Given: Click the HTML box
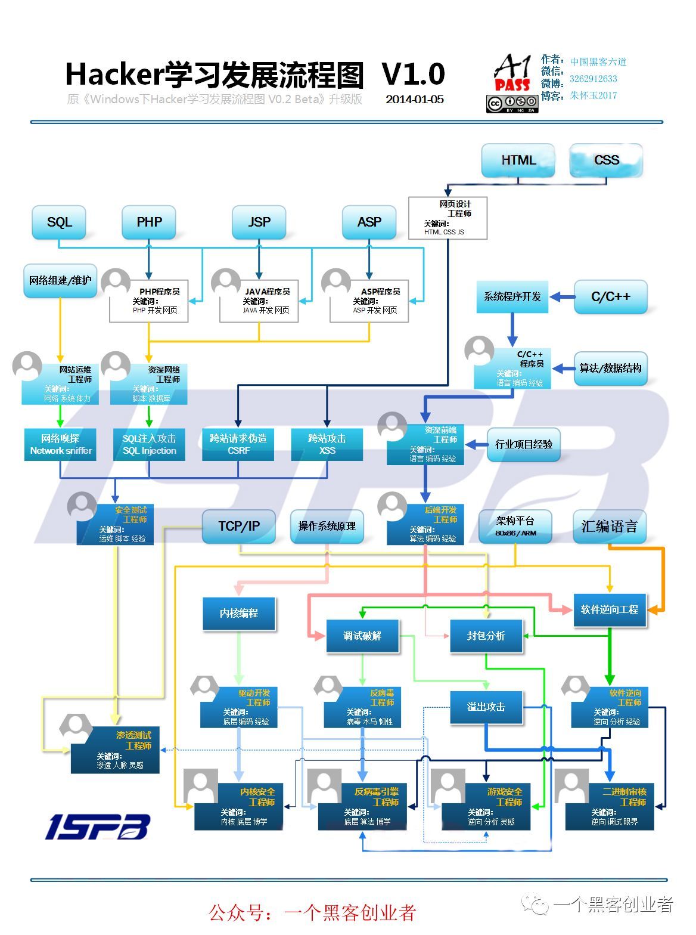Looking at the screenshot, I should click(x=518, y=160).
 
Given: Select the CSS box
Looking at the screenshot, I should click(x=606, y=160).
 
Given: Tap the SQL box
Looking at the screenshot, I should click(x=59, y=222).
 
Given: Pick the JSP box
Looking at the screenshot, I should click(x=259, y=222).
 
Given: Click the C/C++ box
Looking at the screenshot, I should click(x=610, y=297).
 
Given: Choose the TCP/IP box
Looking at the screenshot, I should click(x=238, y=527).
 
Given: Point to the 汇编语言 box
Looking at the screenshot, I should click(x=609, y=527).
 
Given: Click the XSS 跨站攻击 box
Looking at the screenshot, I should click(x=327, y=444).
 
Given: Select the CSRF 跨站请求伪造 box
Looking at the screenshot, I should click(x=238, y=444).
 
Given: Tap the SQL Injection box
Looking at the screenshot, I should click(x=149, y=444).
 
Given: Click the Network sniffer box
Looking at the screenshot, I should click(x=60, y=444).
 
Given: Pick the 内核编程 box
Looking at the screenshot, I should click(x=238, y=613).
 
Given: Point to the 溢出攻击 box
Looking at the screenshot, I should click(x=486, y=707).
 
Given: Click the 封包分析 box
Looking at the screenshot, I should click(x=486, y=636).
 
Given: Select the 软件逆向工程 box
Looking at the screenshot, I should click(x=609, y=609).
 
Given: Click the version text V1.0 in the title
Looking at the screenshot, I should click(x=413, y=75).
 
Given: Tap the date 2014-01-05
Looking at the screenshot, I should click(x=414, y=100).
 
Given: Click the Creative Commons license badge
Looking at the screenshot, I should click(x=512, y=104).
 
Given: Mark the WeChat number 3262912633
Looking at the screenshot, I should click(x=593, y=79).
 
